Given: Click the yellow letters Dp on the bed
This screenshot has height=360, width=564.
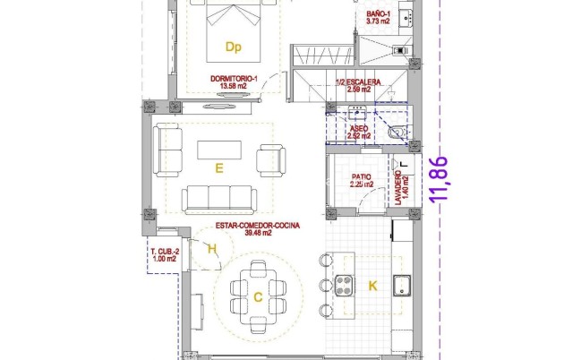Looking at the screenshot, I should (x=234, y=47).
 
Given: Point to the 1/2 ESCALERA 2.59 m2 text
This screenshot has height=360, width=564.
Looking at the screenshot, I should (x=358, y=86).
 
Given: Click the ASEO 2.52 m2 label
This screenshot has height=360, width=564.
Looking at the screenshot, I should (x=359, y=133).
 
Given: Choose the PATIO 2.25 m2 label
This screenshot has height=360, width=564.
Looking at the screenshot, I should (x=361, y=181).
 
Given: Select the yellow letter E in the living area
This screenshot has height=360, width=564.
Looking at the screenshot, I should (x=218, y=167).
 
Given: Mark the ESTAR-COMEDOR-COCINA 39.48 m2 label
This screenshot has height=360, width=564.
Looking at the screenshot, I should (x=259, y=228).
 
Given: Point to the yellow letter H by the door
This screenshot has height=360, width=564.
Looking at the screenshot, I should (x=211, y=250).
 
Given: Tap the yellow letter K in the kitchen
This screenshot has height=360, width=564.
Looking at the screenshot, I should (x=373, y=286).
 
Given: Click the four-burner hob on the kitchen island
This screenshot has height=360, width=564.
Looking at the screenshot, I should (x=346, y=287).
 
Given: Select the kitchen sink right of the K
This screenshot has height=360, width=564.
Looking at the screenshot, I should (x=403, y=287).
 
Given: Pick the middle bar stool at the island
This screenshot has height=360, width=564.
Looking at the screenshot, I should (x=323, y=286).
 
